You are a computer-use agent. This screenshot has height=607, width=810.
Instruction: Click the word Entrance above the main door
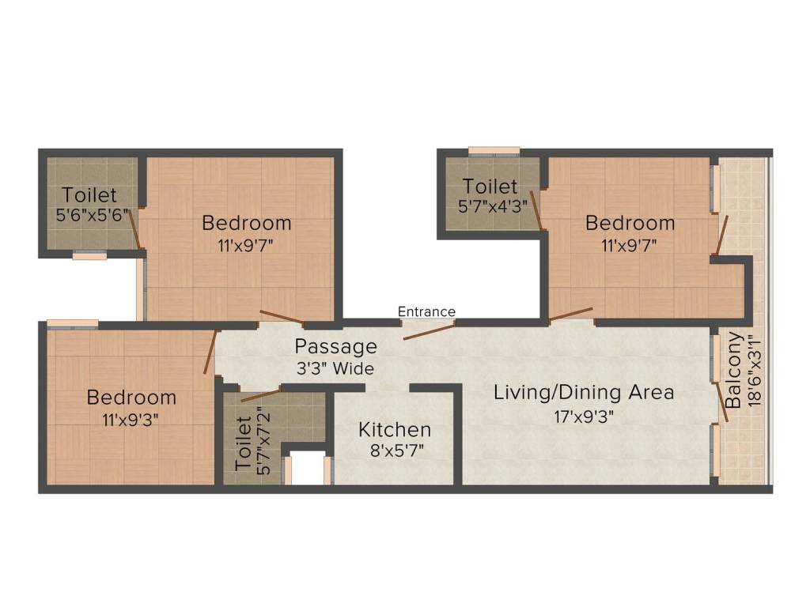coord(426,311)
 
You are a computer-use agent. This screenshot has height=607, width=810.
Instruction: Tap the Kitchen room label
coord(395,430)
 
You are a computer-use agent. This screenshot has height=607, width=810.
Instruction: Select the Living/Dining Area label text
coord(584,392)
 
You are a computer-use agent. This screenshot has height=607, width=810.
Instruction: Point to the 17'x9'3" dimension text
coord(584,416)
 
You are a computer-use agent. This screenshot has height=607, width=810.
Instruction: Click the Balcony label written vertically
coord(733,370)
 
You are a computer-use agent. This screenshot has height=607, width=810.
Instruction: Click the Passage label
coord(335,346)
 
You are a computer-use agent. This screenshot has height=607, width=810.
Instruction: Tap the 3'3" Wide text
coord(335,368)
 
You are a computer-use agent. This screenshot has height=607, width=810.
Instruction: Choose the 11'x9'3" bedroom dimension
coord(131,420)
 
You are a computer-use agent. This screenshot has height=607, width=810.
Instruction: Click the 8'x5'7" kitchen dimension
coord(395,453)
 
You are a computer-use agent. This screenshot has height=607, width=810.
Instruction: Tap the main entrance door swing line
coord(429,330)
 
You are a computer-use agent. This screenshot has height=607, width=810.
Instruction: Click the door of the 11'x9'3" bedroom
coord(210,352)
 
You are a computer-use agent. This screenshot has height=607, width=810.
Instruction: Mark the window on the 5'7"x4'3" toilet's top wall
coord(494,150)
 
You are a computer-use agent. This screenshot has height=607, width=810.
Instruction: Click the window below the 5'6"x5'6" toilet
coord(89,255)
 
